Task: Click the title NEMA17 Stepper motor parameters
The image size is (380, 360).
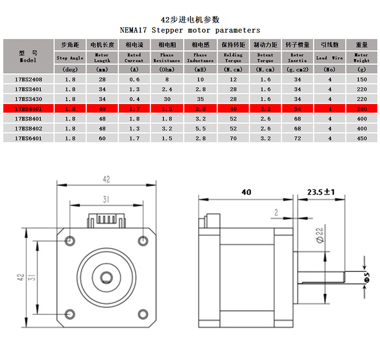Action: tap(190, 30)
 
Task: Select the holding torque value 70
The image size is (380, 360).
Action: tap(233, 139)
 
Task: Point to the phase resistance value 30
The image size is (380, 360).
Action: tap(166, 99)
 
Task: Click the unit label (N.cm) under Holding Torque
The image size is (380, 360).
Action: tap(233, 69)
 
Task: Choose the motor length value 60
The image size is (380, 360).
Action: tap(102, 139)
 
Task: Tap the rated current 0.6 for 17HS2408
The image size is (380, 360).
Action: tap(134, 79)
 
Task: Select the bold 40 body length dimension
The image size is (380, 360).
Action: tap(246, 192)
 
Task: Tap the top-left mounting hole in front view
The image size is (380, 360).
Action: tap(70, 240)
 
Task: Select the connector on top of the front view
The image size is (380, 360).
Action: tap(106, 221)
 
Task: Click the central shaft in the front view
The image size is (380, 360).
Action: tap(106, 277)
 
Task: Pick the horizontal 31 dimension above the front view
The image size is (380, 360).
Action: tap(106, 199)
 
